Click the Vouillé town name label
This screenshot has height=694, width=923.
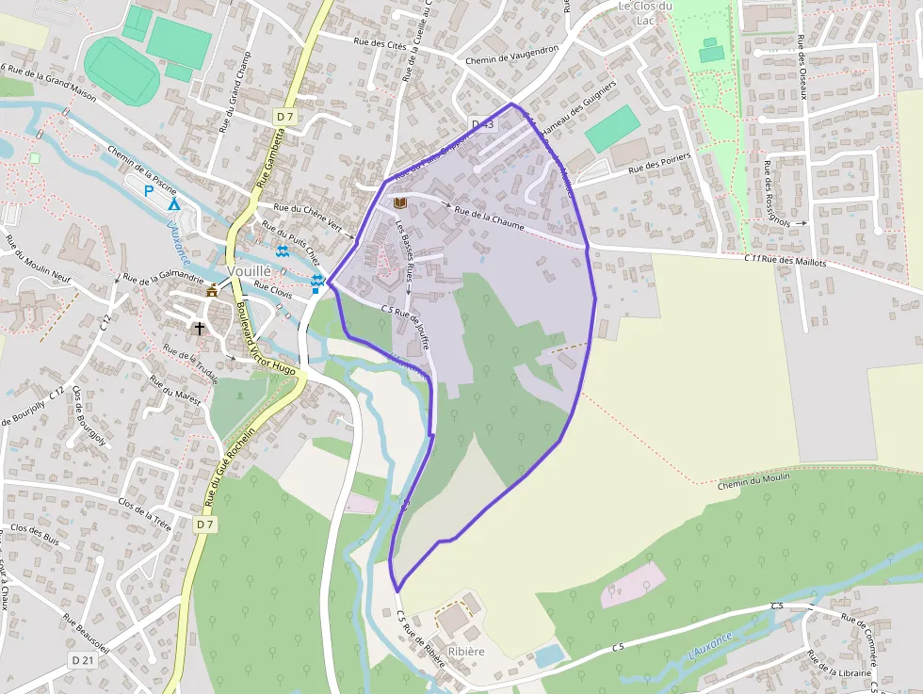click(x=250, y=269)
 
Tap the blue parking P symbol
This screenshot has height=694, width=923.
click(x=148, y=190)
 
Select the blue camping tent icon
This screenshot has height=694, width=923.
click(x=173, y=203)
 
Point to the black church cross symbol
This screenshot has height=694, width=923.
click(x=199, y=329)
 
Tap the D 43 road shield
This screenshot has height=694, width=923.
click(x=482, y=124)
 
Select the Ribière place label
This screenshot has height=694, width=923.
click(x=466, y=651)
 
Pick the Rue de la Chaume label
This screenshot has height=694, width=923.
click(x=489, y=218)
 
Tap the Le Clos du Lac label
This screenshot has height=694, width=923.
click(x=645, y=11)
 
